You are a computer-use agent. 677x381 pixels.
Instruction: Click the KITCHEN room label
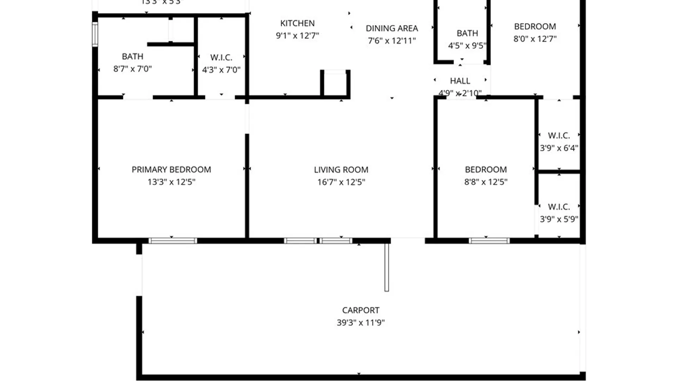(x=297, y=23)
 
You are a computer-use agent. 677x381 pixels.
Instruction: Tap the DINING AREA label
(x=392, y=28)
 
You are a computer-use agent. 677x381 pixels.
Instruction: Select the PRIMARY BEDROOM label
(x=171, y=170)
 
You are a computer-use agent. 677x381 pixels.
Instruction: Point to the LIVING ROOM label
(x=341, y=170)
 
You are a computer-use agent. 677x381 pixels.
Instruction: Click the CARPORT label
(x=361, y=310)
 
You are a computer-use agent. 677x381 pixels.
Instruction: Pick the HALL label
(x=460, y=81)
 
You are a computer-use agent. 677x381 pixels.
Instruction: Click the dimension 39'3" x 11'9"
(x=361, y=322)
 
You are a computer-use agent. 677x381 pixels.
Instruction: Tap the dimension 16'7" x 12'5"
(x=341, y=182)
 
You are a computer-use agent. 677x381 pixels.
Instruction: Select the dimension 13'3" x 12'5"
(x=171, y=182)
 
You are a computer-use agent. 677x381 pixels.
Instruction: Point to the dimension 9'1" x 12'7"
(x=297, y=36)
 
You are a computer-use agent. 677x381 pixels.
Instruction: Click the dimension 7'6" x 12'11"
(x=392, y=41)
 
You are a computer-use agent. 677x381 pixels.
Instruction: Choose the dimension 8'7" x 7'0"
(x=133, y=69)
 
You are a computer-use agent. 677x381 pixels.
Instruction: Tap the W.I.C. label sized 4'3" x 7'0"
(x=221, y=58)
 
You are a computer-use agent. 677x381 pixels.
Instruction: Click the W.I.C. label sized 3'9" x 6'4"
(x=559, y=135)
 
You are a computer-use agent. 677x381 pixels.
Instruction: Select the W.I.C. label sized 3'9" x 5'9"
(x=559, y=207)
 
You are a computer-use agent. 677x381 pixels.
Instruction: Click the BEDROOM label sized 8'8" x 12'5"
(x=486, y=170)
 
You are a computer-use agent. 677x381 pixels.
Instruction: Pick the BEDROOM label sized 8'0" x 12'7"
(x=535, y=26)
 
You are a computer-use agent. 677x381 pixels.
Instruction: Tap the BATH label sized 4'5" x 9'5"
(x=467, y=33)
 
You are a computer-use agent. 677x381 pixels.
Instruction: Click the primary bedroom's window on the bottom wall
(x=172, y=241)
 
